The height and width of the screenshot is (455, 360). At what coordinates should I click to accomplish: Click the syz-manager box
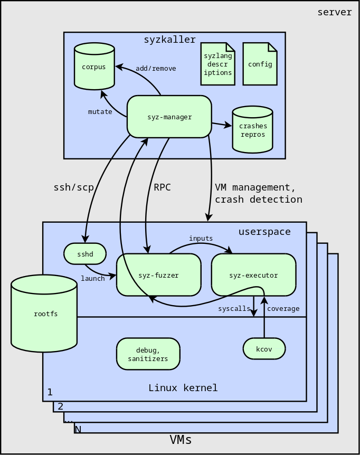tap(169, 117)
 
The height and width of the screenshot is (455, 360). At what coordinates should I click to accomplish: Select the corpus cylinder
tap(94, 66)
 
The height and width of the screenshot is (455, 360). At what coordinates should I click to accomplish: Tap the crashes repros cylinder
tap(253, 129)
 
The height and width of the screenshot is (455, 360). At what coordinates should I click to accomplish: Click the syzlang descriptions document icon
tap(218, 64)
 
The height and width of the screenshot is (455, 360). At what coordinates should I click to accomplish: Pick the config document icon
tap(260, 64)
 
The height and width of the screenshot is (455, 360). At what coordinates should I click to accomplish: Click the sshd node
tap(85, 254)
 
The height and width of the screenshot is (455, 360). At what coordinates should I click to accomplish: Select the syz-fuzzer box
tap(159, 275)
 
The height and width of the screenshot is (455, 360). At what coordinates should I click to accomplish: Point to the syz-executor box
tap(254, 275)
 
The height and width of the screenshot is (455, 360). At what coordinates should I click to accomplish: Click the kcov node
tap(264, 349)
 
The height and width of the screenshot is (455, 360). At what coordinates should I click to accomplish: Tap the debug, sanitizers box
tap(148, 354)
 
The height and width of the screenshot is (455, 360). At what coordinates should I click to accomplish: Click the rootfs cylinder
tap(44, 314)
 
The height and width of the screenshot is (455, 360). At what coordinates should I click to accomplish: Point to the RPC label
tap(162, 187)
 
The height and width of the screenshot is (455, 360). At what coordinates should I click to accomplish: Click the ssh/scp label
tap(74, 187)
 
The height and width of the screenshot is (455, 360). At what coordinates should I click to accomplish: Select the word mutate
tap(100, 112)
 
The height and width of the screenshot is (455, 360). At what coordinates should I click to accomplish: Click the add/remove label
tap(156, 69)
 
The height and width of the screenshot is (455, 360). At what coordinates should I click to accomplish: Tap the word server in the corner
tap(335, 12)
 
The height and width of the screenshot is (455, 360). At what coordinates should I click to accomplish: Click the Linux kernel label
tap(183, 387)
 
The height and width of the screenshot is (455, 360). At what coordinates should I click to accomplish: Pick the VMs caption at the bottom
tap(181, 440)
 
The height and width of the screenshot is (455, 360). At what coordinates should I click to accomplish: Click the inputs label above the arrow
tap(201, 238)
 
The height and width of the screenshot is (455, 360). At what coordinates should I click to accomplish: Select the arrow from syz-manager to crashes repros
tap(222, 125)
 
